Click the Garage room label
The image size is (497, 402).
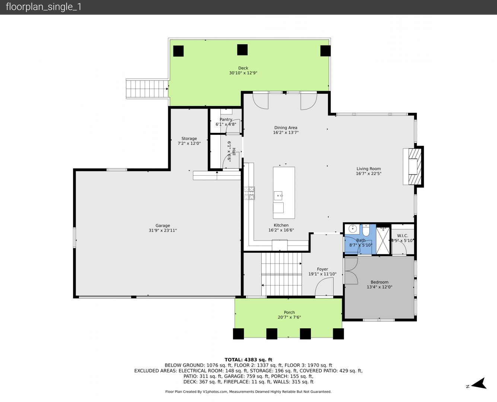[x=163, y=226]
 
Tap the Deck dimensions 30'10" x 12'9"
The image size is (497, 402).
[x=243, y=73]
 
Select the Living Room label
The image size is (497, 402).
[x=369, y=169]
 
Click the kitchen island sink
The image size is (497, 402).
[x=278, y=195]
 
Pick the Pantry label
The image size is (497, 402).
[x=226, y=119]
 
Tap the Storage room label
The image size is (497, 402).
[x=189, y=138]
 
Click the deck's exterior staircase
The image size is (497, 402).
[x=147, y=89]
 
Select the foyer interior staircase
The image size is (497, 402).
[x=281, y=274]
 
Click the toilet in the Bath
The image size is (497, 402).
[x=366, y=230]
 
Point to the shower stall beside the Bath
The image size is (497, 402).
[x=383, y=241]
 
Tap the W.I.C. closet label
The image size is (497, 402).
[x=402, y=236]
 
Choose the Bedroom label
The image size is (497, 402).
[x=379, y=282]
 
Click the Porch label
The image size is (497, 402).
[x=289, y=312]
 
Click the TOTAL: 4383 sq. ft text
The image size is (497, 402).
[x=249, y=360]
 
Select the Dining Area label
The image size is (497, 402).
[x=286, y=128]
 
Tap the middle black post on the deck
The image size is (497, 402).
[x=242, y=50]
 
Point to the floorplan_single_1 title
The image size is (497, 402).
[x=44, y=7]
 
